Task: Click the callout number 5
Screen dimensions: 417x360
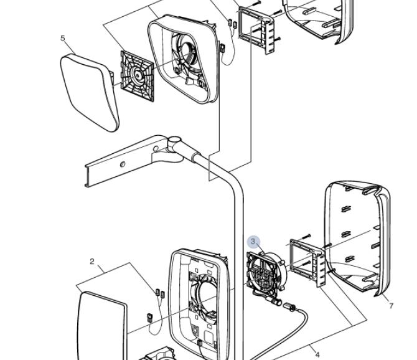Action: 62,38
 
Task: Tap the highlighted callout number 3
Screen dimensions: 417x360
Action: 253,241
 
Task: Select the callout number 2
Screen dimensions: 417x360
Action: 92,262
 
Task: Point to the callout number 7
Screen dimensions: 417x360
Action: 391,306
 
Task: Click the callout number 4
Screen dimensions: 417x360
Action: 317,354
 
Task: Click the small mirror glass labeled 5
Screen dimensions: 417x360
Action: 90,92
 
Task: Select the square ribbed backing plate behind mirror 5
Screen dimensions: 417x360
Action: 137,77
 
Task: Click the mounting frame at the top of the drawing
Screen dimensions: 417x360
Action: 256,29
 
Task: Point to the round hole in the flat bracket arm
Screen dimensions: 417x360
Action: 123,164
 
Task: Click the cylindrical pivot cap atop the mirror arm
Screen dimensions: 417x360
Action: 174,141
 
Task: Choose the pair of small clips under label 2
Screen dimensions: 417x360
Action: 160,293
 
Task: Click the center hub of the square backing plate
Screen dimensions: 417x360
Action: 138,75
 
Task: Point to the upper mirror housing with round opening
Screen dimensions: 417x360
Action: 184,59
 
